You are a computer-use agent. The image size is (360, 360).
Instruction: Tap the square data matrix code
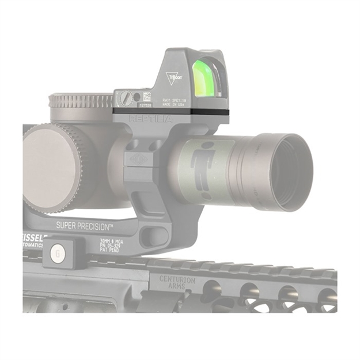147,96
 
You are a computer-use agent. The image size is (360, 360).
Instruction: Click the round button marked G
56,252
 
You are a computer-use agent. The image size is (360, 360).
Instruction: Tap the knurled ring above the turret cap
81,101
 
